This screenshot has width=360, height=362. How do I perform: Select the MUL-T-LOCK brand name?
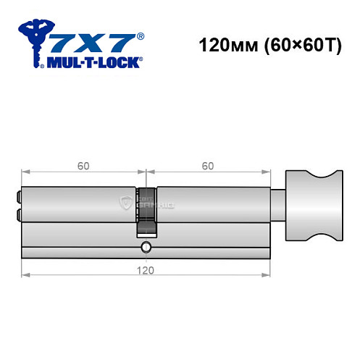94,62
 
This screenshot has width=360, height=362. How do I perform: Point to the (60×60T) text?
296,46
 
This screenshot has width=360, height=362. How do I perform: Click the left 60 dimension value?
84,166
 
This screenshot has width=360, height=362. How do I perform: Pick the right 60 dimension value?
208,166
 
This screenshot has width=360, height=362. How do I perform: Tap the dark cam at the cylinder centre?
147,210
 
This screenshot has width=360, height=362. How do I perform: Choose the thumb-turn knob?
314,206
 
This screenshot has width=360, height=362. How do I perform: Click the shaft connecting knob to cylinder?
279,206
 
